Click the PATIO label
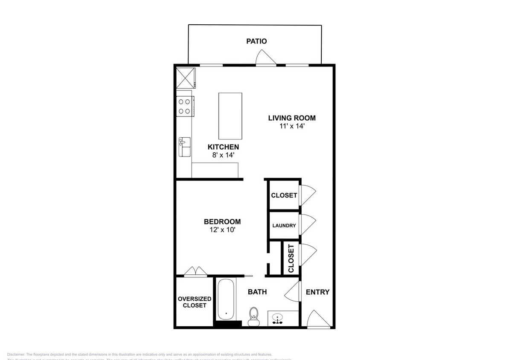pyautogui.click(x=256, y=41)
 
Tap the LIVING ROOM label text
pyautogui.click(x=292, y=118)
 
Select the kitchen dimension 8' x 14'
pyautogui.click(x=223, y=155)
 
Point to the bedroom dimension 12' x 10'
pyautogui.click(x=222, y=230)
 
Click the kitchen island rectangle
pyautogui.click(x=230, y=116)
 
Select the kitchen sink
pyautogui.click(x=184, y=147)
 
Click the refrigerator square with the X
pyautogui.click(x=186, y=77)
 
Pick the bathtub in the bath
pyautogui.click(x=226, y=299)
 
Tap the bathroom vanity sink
pyautogui.click(x=278, y=319)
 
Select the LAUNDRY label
pyautogui.click(x=284, y=225)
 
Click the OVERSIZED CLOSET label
pyautogui.click(x=192, y=302)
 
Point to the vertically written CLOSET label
pyautogui.click(x=291, y=258)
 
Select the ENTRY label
pyautogui.click(x=317, y=292)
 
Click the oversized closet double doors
pyautogui.click(x=195, y=271)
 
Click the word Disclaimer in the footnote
pyautogui.click(x=16, y=354)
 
